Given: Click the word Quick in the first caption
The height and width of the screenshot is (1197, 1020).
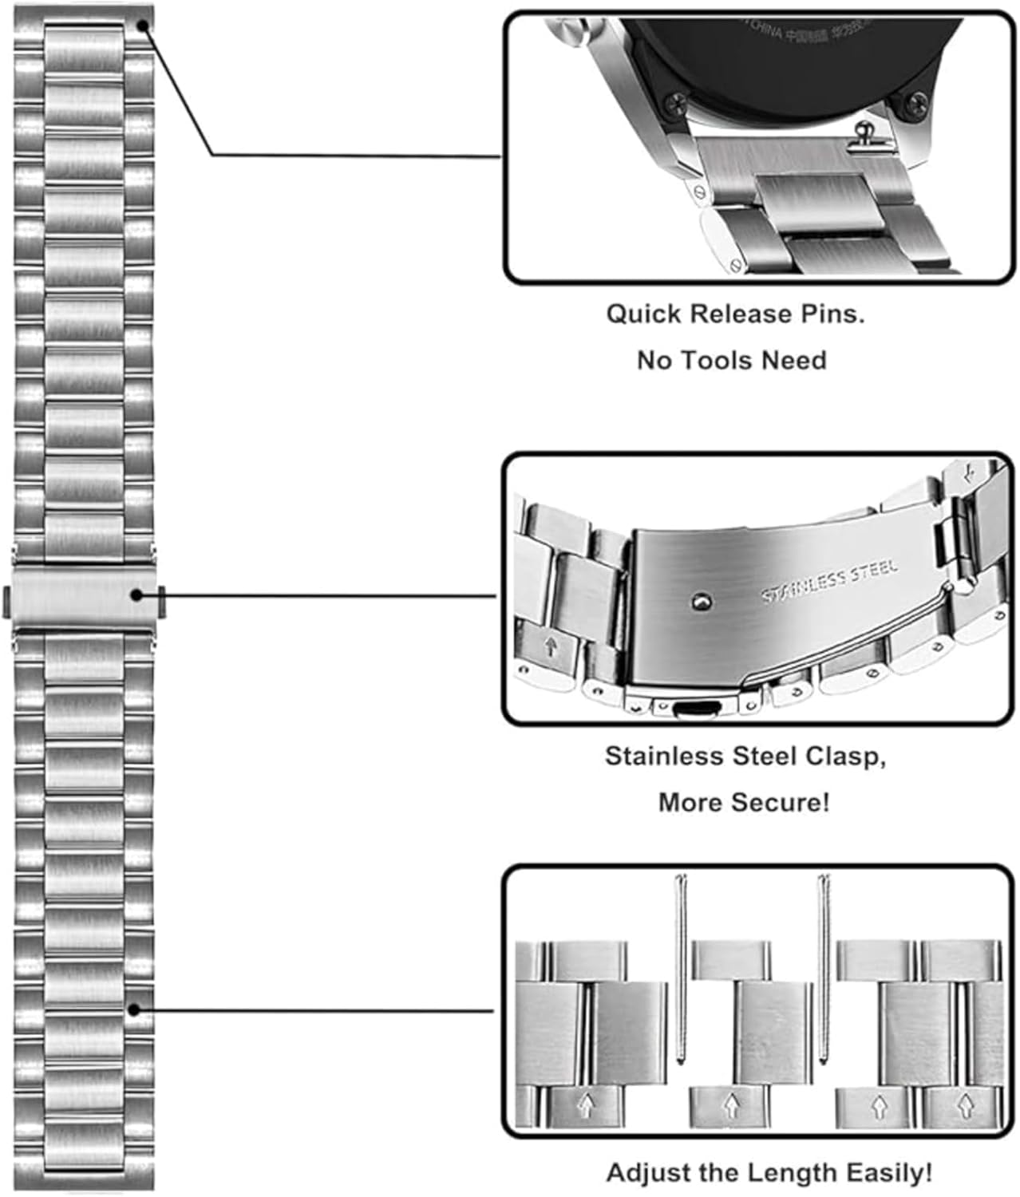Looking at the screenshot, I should [643, 314].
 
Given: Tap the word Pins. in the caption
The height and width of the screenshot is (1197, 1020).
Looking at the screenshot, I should [832, 314].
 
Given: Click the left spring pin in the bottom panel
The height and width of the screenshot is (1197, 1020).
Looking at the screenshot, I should [680, 969].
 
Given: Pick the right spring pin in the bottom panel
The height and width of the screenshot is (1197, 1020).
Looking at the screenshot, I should [823, 969].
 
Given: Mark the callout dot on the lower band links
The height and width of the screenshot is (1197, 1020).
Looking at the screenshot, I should [134, 1010].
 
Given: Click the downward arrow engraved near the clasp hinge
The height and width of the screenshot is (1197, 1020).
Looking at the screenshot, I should [970, 474].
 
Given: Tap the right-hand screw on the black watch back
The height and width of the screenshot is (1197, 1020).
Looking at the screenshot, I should [917, 102].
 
